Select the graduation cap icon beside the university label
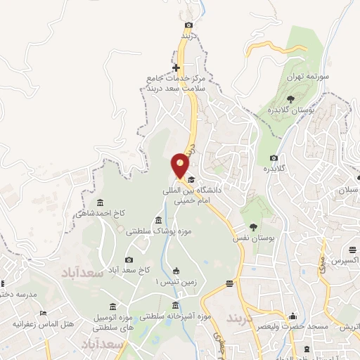190,181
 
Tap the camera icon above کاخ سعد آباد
129,259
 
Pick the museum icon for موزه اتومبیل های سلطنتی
113,307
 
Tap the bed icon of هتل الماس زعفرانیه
44,314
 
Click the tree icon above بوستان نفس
254,226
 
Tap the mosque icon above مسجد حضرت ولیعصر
292,316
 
